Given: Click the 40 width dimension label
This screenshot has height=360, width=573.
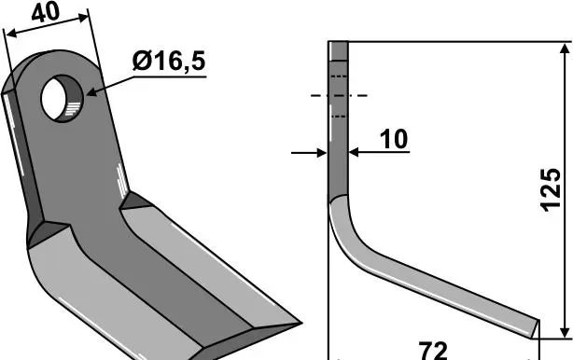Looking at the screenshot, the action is point(46,12).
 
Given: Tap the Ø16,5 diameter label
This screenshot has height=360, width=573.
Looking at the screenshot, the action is point(169,61).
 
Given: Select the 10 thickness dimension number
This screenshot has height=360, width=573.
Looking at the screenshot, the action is point(394,139).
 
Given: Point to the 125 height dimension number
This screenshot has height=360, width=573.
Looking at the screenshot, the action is point(551,190).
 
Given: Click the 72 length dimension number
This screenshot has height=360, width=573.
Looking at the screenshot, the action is point(433,351).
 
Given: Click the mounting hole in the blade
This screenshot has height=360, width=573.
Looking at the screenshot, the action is point(63,99).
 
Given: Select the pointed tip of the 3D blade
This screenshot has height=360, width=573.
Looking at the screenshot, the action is point(300,323).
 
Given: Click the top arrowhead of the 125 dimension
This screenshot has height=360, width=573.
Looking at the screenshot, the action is point(565,50).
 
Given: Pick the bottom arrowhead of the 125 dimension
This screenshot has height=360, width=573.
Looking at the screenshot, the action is point(565,331).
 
